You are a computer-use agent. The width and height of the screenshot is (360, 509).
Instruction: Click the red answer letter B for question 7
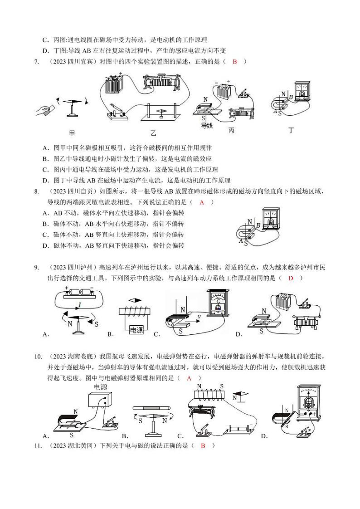pos(235,62)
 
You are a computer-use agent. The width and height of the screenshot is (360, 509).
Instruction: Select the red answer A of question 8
pos(202,202)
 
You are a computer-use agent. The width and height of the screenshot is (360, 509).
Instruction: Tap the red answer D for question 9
pos(291,278)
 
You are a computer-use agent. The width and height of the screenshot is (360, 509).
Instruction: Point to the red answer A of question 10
pos(189,377)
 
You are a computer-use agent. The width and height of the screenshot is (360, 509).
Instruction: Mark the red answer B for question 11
pos(203,445)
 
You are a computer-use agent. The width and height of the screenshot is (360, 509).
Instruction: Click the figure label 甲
pos(72,133)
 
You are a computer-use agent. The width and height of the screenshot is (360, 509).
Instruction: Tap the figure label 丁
pos(291,130)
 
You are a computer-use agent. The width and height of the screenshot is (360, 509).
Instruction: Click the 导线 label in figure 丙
pos(207,126)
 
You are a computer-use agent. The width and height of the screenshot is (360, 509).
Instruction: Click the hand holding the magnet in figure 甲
pos(45,110)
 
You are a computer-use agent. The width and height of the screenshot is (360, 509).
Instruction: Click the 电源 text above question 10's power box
pos(100,387)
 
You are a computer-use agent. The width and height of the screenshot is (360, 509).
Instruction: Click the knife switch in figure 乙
pos(117,110)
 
